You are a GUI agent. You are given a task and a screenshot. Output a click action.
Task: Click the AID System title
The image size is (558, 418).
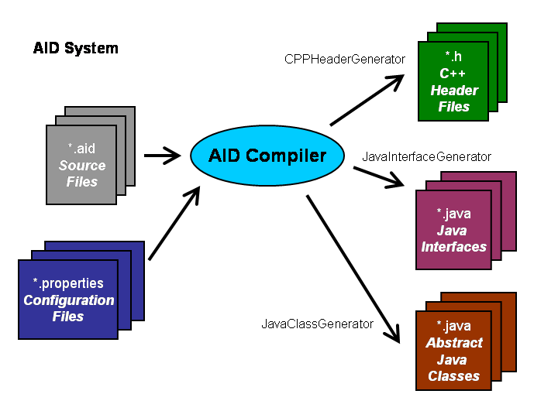point(76,48)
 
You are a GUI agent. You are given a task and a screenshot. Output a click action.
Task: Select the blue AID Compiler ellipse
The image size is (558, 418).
point(267,156)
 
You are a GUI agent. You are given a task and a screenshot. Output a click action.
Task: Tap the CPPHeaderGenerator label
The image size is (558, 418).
point(345,59)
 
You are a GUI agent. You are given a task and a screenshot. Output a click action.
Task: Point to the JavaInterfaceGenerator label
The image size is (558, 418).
point(426,156)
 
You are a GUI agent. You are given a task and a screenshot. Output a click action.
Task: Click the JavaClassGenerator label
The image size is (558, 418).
point(318,324)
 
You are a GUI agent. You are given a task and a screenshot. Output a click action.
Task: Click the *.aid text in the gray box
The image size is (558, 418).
point(81,148)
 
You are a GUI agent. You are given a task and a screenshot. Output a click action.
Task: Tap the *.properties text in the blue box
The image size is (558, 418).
point(68,283)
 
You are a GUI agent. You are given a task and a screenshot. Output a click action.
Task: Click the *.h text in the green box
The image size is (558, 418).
point(454,57)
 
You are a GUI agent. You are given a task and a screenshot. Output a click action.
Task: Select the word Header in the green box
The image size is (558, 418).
point(454,90)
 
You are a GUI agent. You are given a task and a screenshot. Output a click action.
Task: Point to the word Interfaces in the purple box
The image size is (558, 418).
point(453,247)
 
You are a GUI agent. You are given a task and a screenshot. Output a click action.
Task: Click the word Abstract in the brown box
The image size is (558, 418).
point(454,343)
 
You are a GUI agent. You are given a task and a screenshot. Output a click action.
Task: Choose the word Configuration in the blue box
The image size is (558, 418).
point(68,300)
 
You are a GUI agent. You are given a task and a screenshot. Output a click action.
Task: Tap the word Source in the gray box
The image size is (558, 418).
point(81,165)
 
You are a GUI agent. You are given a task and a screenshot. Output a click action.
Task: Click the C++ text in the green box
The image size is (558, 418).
point(454,74)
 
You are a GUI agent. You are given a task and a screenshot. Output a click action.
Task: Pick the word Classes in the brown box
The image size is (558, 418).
point(454,376)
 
